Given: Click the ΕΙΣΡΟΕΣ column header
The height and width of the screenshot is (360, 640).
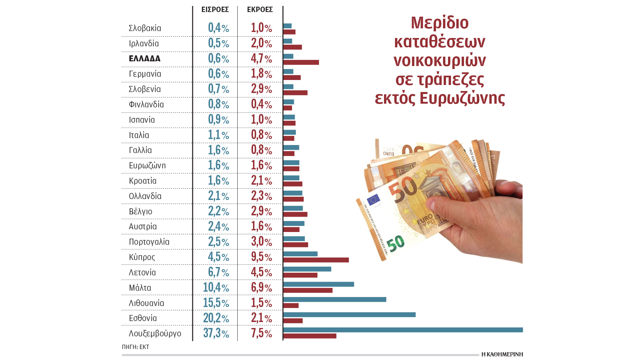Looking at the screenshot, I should [x=215, y=10].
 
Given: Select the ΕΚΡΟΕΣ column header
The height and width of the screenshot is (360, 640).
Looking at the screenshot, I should [x=260, y=10].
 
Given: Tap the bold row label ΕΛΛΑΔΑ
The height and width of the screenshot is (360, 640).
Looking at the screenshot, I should [x=145, y=59].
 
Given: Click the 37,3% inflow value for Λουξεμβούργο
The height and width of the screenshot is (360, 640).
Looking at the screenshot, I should [x=216, y=333].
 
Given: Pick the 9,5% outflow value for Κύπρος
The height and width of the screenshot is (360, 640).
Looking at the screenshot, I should [x=261, y=257].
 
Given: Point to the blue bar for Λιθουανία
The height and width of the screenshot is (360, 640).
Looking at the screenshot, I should [x=334, y=299].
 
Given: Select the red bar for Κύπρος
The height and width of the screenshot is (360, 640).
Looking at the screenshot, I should [x=316, y=260].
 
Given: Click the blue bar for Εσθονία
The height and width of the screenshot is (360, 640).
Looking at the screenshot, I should [x=349, y=315].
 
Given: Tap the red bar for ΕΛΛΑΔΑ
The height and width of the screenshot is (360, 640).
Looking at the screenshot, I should [x=301, y=62].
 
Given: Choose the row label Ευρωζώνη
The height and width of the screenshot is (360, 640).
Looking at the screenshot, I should [x=147, y=166].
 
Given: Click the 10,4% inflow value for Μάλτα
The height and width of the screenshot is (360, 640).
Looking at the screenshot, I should [x=216, y=287].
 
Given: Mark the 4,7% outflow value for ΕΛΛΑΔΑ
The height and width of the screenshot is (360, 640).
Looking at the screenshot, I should [x=261, y=59].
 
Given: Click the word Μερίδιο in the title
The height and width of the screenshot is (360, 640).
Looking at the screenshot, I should [x=440, y=23].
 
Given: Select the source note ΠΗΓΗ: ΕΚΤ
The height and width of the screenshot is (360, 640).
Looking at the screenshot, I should [x=135, y=347].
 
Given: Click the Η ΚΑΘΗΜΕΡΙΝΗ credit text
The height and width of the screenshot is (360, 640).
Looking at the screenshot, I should [x=502, y=354].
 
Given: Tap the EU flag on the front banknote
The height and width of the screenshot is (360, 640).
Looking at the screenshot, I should [x=373, y=200].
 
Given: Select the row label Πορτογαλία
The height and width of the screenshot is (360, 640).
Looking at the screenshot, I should [x=149, y=242].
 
